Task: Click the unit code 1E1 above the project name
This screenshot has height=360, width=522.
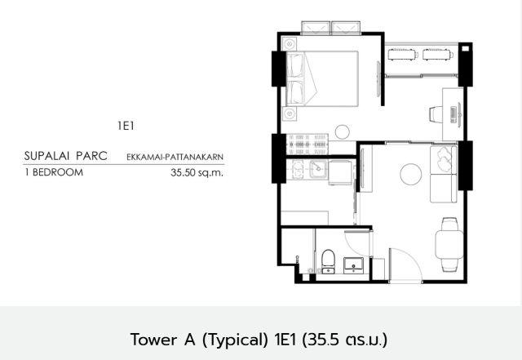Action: pos(126,126)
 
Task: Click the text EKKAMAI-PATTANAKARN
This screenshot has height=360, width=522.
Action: pos(175,157)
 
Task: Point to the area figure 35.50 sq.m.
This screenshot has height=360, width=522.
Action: pos(197,173)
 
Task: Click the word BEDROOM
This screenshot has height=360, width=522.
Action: pos(58,172)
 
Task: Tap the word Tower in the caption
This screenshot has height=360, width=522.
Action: pos(153,340)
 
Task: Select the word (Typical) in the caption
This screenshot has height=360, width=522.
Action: pos(235,340)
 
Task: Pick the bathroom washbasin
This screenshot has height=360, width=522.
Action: pos(353,265)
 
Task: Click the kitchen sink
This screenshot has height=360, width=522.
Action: pos(318,169)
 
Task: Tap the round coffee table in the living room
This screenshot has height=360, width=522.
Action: pos(411,175)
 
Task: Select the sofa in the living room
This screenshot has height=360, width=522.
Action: pos(444,174)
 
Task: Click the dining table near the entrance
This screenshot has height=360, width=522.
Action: pos(449,244)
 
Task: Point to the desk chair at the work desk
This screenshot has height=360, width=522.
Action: pos(436,114)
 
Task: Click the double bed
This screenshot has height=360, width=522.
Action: pos(322,78)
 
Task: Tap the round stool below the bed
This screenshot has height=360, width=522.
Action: pos(343,131)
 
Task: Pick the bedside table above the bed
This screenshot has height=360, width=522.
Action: pos(289,44)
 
